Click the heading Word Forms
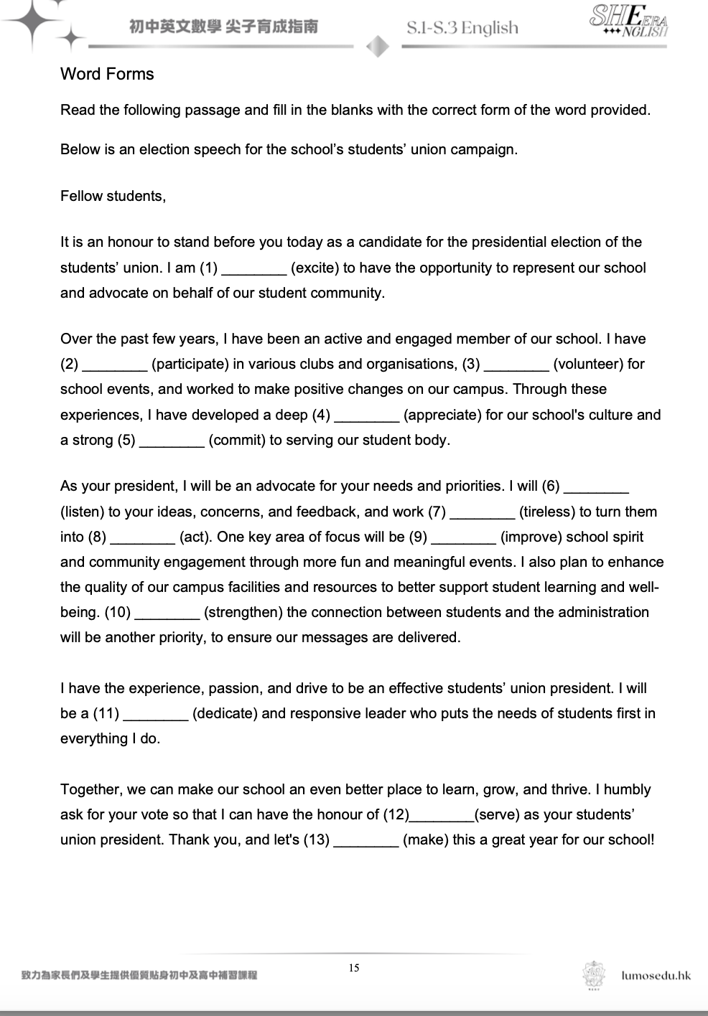pos(107,74)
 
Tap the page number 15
pos(354,968)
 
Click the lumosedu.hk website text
pos(656,975)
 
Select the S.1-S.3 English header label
pos(462,28)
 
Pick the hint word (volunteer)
pos(588,364)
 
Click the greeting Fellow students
pos(113,196)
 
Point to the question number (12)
pos(395,814)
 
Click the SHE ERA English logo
pos(628,23)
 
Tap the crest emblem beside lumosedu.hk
pos(594,976)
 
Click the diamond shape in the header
pos(378,47)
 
